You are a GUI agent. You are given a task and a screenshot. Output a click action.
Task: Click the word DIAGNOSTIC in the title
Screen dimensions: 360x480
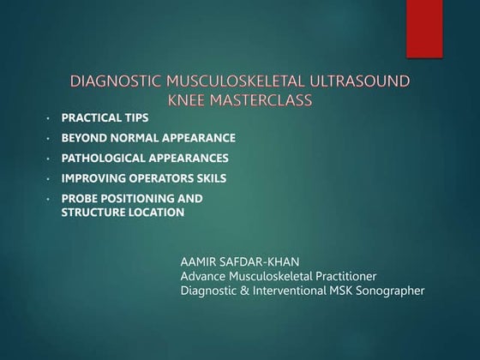pos(114,83)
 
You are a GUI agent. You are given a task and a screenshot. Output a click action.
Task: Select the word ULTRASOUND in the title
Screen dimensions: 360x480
pos(360,83)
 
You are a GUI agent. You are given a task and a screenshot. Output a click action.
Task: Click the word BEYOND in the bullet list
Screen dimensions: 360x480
pos(84,137)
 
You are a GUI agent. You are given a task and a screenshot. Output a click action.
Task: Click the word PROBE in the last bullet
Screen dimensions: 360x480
pos(80,199)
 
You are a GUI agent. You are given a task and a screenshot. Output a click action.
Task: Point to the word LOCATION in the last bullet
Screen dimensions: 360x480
pos(155,212)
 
